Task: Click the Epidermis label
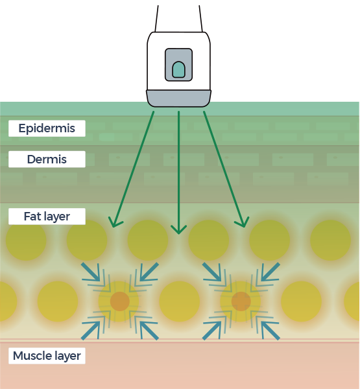tap(47, 128)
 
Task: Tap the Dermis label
tap(47, 159)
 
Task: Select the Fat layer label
tap(47, 217)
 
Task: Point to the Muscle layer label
tap(47, 356)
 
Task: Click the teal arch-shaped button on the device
tap(178, 70)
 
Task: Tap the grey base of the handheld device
tap(178, 99)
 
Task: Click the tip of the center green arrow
tap(179, 234)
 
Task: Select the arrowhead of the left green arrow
tap(114, 222)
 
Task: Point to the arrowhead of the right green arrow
tap(243, 222)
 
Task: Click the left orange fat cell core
tap(120, 301)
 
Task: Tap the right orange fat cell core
tap(241, 301)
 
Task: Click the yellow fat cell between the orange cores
tap(180, 301)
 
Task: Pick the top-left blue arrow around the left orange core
tap(91, 272)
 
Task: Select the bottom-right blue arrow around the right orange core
tap(270, 331)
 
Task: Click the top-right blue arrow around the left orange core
tap(149, 272)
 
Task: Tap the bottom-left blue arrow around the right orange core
tap(212, 331)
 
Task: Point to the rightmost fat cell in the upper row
tap(330, 240)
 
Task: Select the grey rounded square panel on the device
tap(179, 65)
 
